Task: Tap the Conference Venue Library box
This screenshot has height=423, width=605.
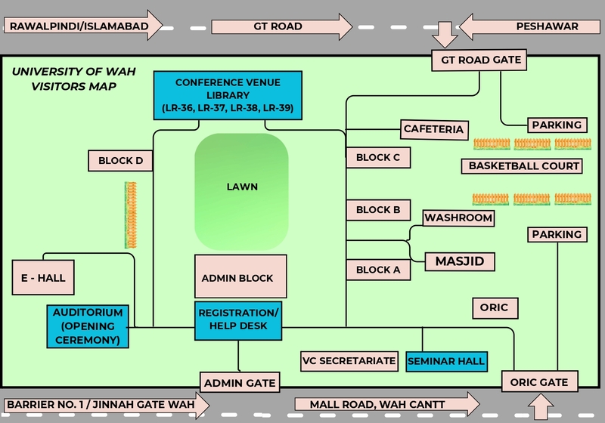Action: coord(228,95)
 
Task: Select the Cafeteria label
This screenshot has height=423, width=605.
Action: coord(433,129)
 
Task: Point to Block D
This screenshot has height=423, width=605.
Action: coord(121,160)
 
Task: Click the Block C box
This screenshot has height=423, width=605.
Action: coord(378,157)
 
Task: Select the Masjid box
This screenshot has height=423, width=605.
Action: coord(459,261)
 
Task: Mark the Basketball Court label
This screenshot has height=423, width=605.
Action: coord(524,165)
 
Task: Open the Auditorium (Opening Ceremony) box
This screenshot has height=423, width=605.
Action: coord(88,326)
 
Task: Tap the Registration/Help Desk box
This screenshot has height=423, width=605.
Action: coord(238,320)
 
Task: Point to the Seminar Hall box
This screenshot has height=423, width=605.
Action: coord(447,361)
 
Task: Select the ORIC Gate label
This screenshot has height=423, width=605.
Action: coord(540,381)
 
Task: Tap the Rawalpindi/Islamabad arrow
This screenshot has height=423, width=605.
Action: coord(83,26)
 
